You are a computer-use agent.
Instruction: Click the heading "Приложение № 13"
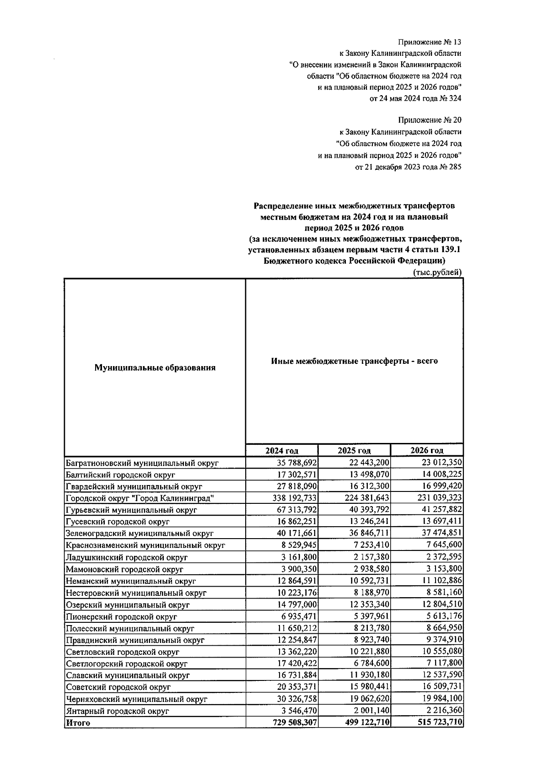click(x=430, y=43)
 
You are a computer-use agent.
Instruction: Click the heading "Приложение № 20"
click(x=430, y=120)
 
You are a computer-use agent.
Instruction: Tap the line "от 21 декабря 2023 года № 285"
click(x=408, y=167)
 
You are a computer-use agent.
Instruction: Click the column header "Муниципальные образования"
click(x=155, y=367)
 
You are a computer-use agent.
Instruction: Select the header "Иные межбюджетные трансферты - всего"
click(x=354, y=361)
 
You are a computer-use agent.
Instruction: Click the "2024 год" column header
click(x=282, y=450)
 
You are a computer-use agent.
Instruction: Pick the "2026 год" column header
click(x=426, y=450)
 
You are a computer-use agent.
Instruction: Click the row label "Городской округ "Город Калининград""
click(x=140, y=498)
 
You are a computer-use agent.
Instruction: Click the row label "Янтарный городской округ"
click(x=118, y=711)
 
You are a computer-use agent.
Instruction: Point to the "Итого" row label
click(x=78, y=723)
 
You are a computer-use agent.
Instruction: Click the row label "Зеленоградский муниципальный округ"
click(x=140, y=533)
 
